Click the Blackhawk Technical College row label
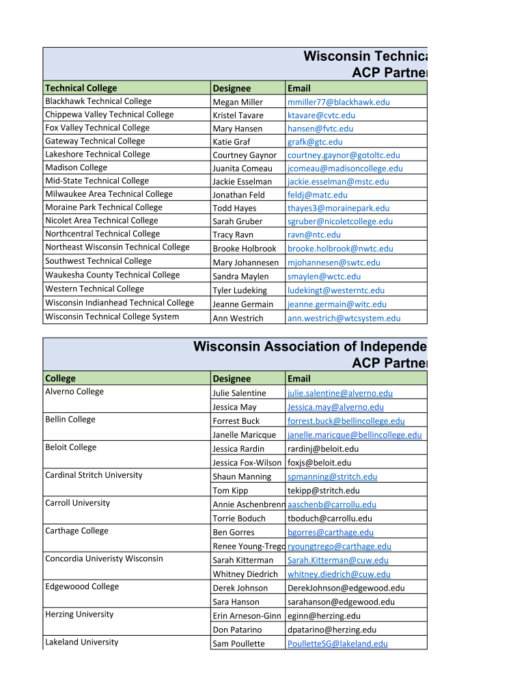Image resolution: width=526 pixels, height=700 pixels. point(98,101)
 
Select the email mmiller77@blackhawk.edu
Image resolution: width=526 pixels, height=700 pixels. point(338,102)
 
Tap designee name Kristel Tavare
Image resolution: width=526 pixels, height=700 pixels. point(238,116)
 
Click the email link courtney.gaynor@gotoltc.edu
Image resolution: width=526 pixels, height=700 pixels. point(344,155)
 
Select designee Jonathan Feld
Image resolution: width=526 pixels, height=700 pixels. point(238,195)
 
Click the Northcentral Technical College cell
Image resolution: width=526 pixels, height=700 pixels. point(102,234)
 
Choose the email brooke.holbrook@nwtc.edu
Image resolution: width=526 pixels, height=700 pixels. point(340,249)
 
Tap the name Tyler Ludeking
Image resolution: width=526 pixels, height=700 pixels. point(240,291)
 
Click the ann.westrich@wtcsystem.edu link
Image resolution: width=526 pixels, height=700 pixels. point(344,318)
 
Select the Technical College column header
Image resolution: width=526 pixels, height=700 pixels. point(81,88)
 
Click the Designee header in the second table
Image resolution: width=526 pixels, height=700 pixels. point(232,379)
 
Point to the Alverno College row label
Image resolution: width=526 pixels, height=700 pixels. point(74,392)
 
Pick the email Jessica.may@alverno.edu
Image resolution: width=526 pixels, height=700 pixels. point(335,407)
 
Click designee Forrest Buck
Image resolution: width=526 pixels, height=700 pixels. point(236,421)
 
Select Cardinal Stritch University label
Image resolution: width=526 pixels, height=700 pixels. point(94,475)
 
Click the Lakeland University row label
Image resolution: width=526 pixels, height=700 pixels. point(81,642)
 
